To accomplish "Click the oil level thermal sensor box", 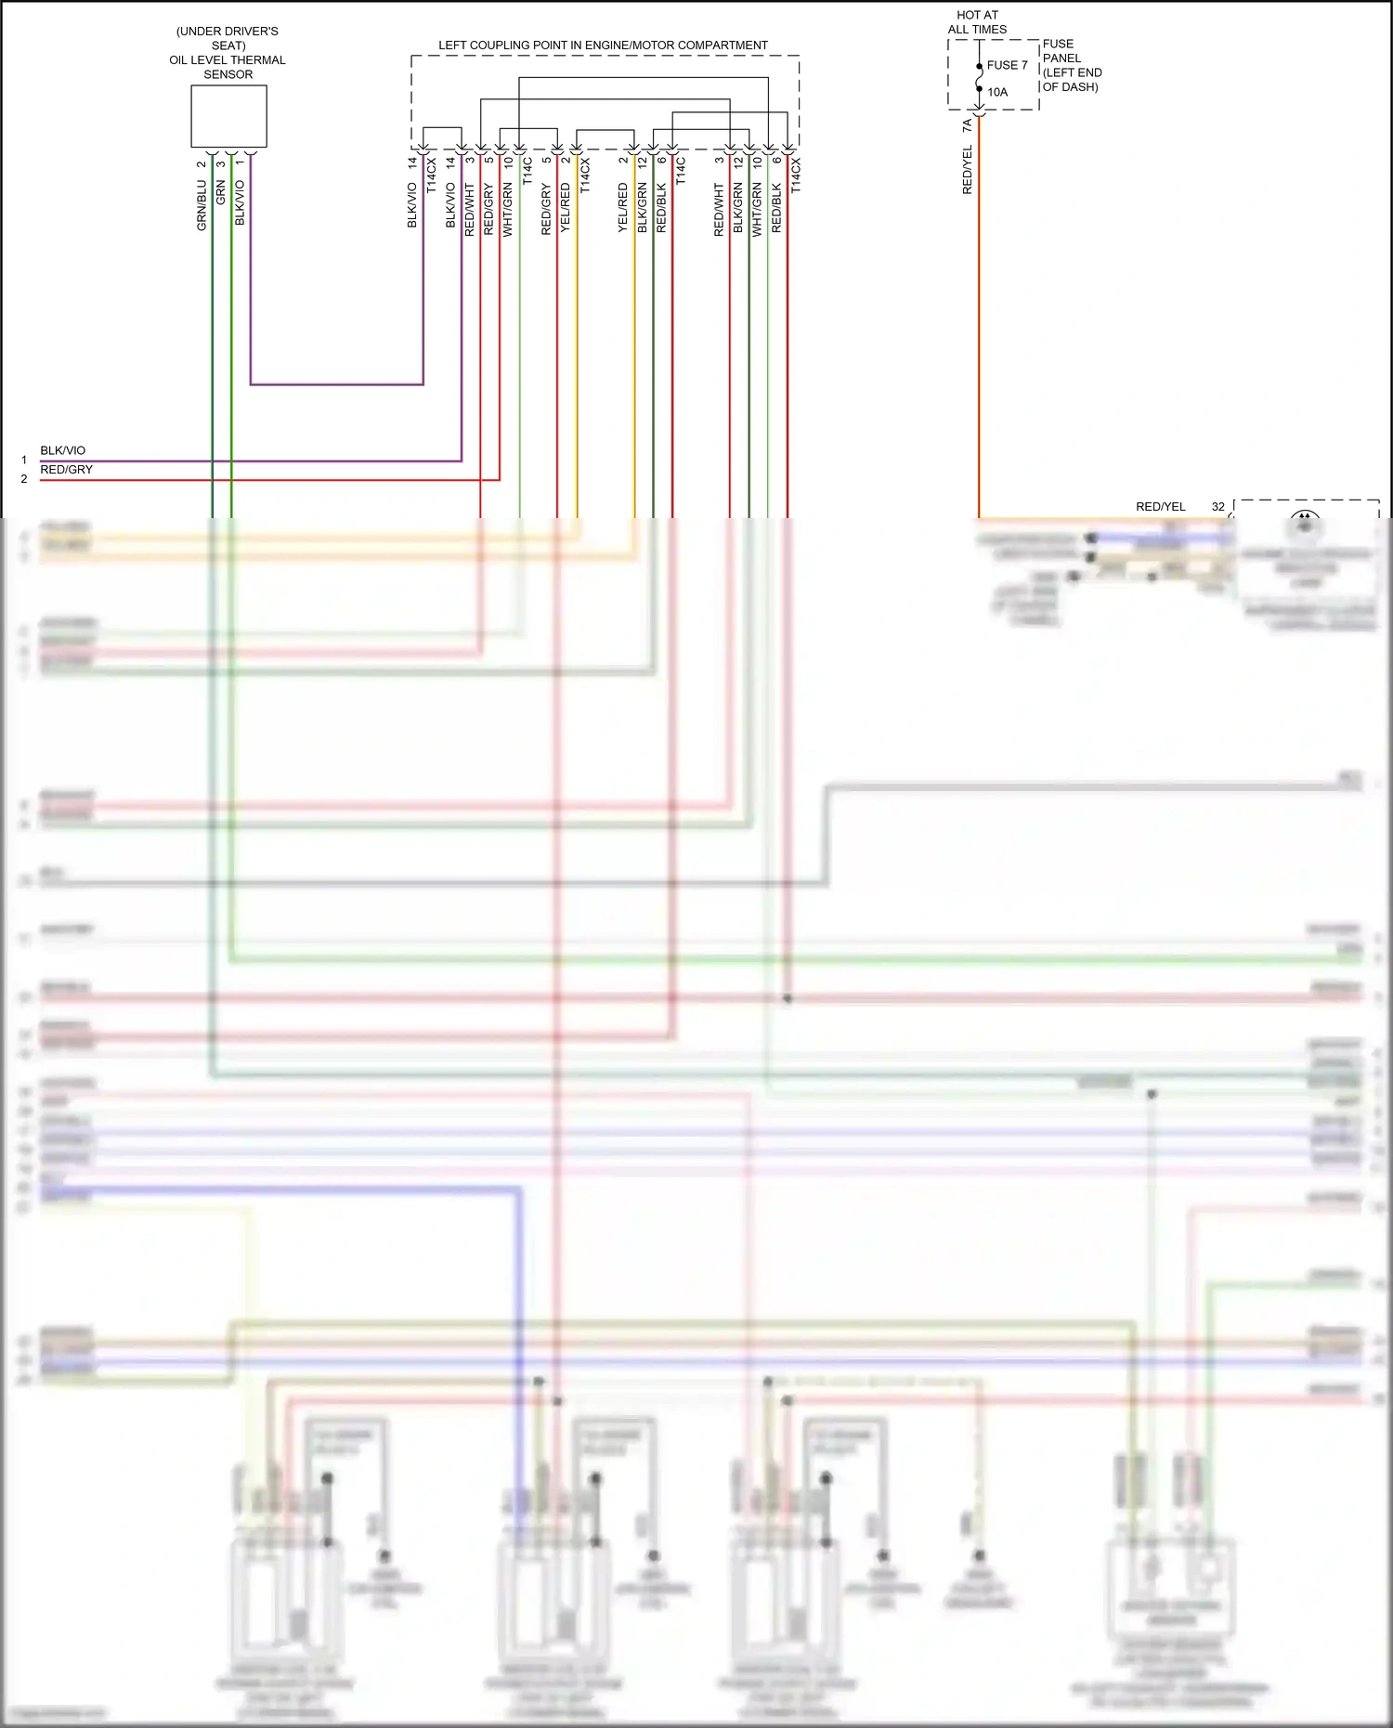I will pyautogui.click(x=228, y=116).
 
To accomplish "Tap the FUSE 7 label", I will pyautogui.click(x=1007, y=65).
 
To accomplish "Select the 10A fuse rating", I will pyautogui.click(x=997, y=92).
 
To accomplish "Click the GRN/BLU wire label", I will pyautogui.click(x=202, y=205).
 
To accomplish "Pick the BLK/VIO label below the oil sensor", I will pyautogui.click(x=240, y=202).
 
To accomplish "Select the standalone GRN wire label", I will pyautogui.click(x=220, y=193).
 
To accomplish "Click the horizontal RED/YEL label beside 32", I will pyautogui.click(x=1160, y=507).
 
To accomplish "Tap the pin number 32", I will pyautogui.click(x=1217, y=507).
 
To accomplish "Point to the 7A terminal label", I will pyautogui.click(x=967, y=124).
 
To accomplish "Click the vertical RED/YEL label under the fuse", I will pyautogui.click(x=967, y=170).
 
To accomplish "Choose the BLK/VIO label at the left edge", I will pyautogui.click(x=62, y=450).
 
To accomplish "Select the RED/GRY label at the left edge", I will pyautogui.click(x=66, y=470).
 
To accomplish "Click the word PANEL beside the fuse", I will pyautogui.click(x=1061, y=58).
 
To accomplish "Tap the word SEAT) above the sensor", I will pyautogui.click(x=228, y=45).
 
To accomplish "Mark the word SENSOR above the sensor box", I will pyautogui.click(x=228, y=74).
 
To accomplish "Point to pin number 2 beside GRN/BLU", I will pyautogui.click(x=202, y=164).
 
